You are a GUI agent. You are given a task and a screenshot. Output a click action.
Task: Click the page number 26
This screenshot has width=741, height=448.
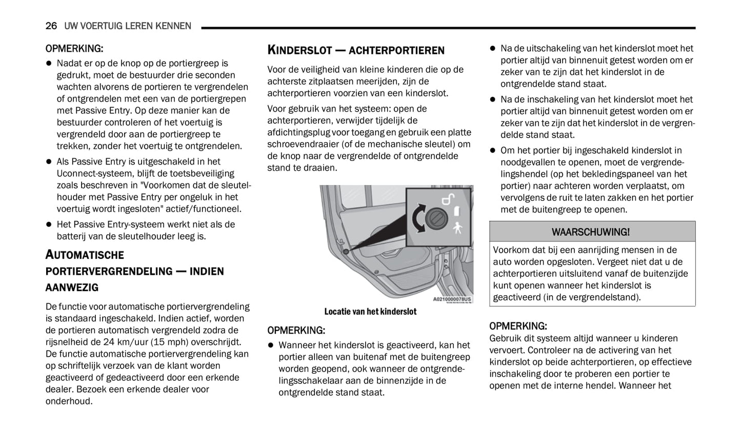tap(51, 26)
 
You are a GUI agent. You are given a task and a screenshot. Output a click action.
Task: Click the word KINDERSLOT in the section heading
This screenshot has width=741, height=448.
tap(299, 50)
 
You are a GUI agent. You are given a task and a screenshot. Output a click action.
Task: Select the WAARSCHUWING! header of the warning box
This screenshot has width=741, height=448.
tap(591, 232)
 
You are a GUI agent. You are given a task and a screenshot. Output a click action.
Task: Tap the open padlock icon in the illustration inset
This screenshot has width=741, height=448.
tap(449, 199)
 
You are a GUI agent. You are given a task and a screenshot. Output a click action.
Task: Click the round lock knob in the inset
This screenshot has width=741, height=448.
tap(437, 219)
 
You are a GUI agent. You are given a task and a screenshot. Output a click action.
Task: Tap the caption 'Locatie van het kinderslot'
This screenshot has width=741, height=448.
tap(370, 312)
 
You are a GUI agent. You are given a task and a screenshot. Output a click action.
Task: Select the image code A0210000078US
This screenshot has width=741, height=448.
tap(452, 299)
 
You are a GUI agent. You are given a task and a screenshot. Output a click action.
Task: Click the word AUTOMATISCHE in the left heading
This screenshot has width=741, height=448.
tap(85, 255)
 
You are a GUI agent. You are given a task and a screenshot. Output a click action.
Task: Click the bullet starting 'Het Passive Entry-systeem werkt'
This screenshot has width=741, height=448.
tap(146, 225)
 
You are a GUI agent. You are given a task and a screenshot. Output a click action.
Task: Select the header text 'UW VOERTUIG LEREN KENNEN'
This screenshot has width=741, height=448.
tap(128, 26)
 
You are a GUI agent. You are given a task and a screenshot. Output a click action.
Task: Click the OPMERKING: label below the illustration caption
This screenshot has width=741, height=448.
tap(296, 331)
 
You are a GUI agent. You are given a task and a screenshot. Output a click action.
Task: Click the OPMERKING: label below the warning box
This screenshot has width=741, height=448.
tap(518, 326)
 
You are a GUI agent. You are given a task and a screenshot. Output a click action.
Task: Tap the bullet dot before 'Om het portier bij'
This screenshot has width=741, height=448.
tap(492, 151)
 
